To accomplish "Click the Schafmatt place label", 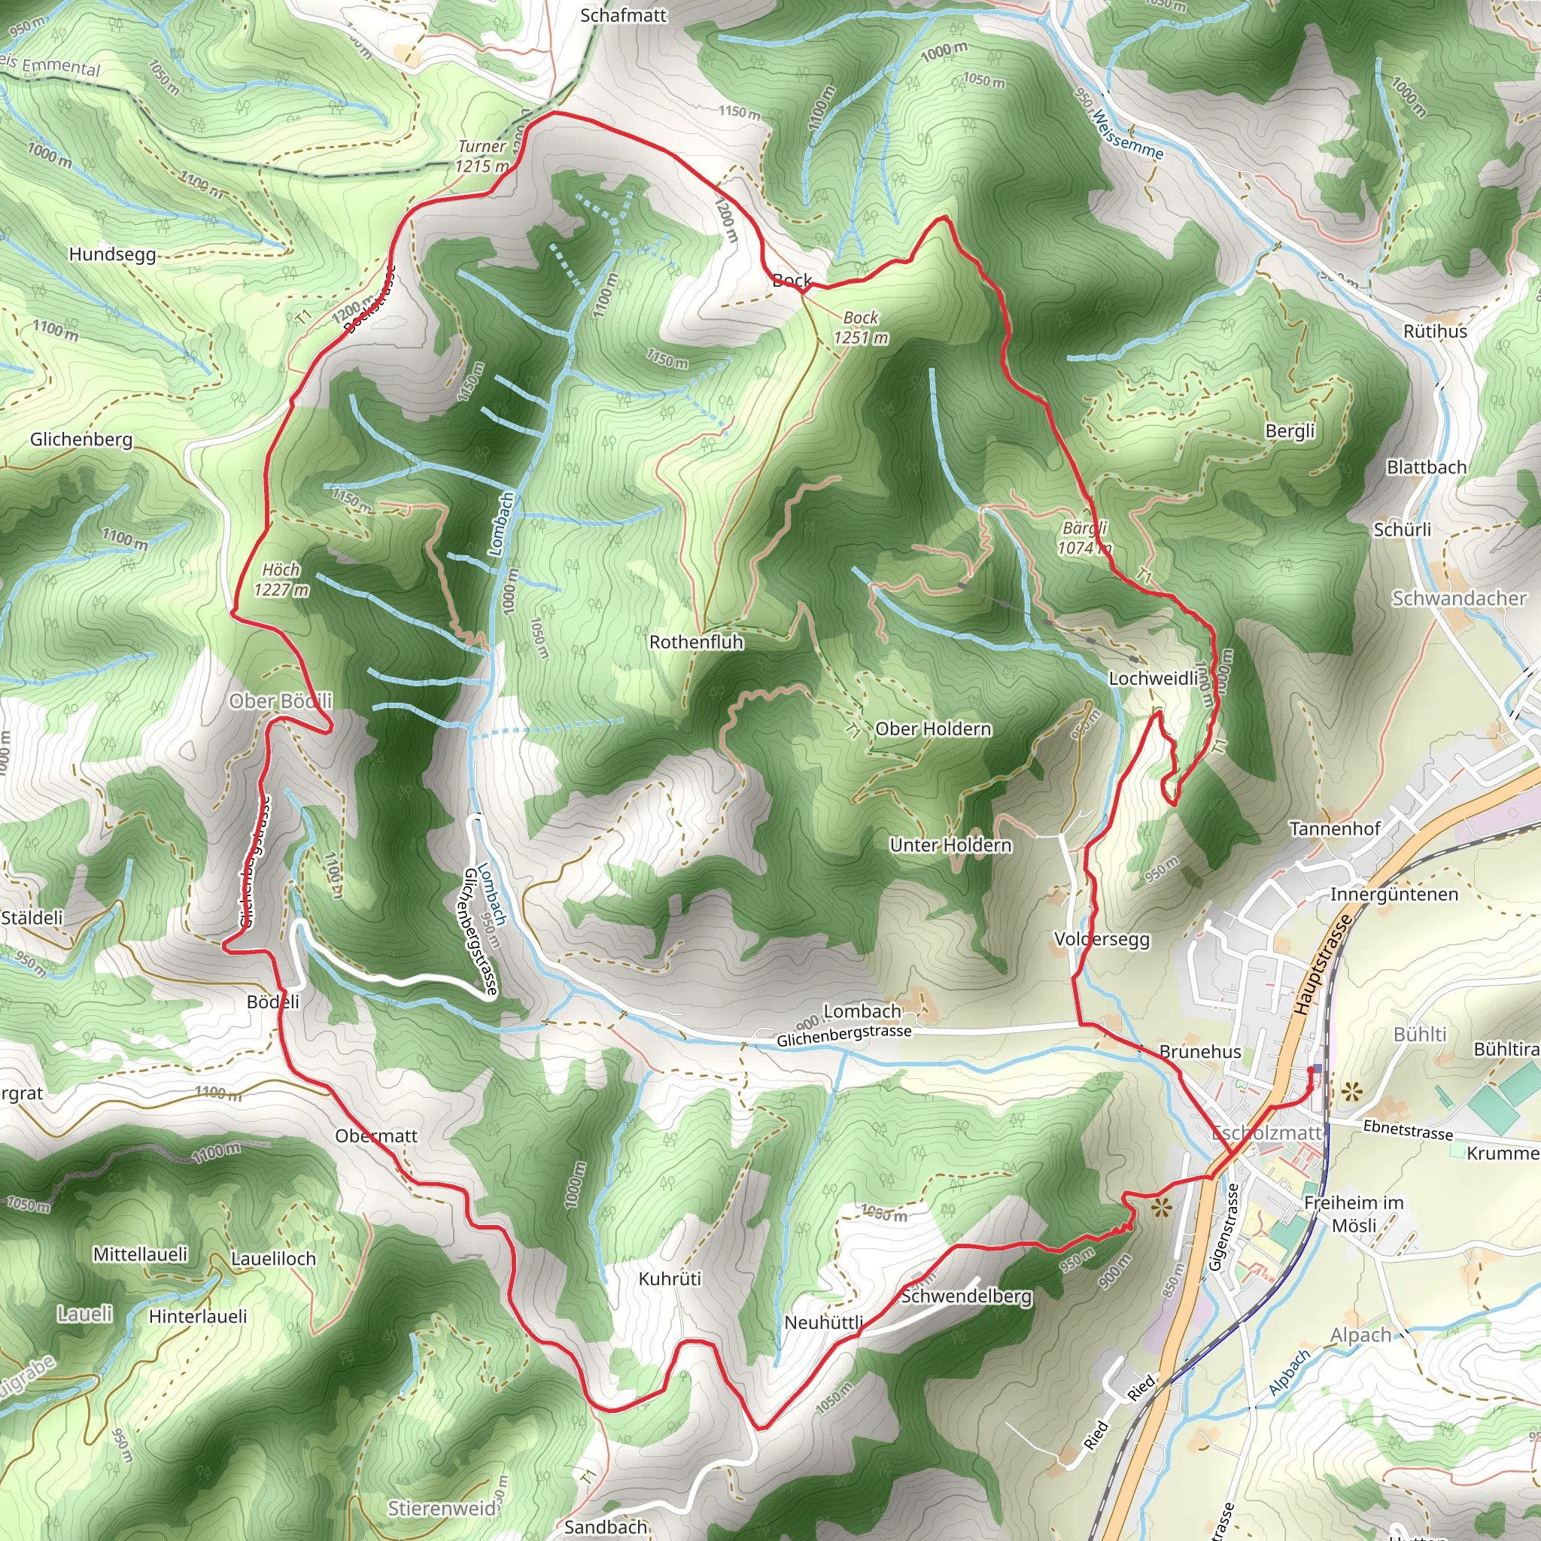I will [x=623, y=15].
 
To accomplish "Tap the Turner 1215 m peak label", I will [x=482, y=157].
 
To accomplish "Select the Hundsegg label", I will [x=111, y=254].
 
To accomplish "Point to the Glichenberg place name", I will [x=81, y=439].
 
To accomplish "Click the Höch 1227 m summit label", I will [x=281, y=580].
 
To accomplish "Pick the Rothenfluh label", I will [x=695, y=642].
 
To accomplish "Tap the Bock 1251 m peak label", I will [x=861, y=328].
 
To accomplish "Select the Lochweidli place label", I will [x=1153, y=679].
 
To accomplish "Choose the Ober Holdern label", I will [x=933, y=729].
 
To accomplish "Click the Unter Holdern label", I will [x=951, y=846].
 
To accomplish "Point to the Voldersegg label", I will [x=1102, y=940].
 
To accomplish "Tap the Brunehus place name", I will [x=1199, y=1052].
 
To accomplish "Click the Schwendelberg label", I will [x=966, y=1296].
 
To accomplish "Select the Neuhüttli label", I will [x=824, y=1323].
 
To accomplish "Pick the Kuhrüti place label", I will [x=670, y=1278].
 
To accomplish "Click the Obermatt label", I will [x=375, y=1135].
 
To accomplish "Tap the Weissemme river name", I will [x=1128, y=135].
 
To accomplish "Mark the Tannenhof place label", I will [x=1334, y=829].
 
